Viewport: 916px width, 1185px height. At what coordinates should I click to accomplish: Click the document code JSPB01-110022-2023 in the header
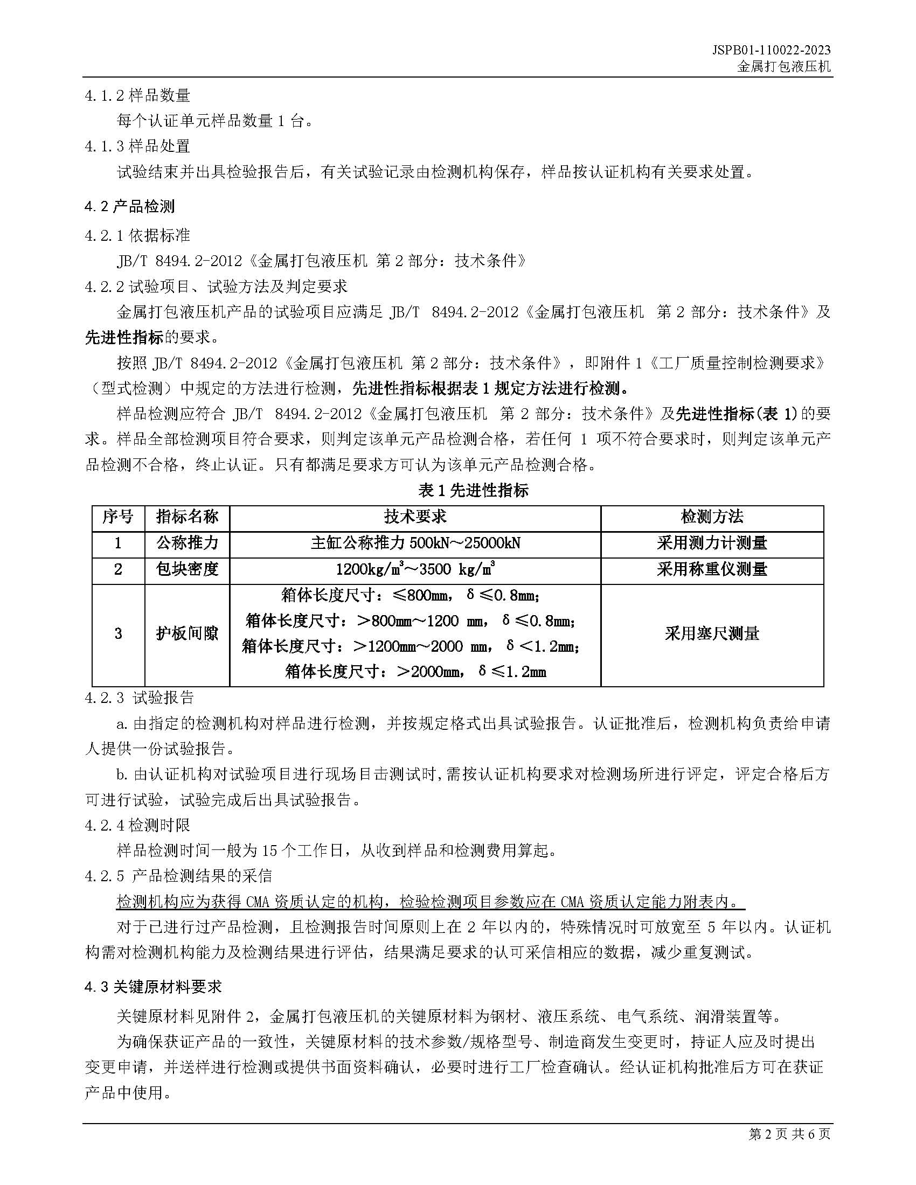tap(771, 50)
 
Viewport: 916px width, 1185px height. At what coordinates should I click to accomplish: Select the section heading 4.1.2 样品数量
tap(137, 95)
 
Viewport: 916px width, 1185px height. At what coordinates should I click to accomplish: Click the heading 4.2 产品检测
tap(130, 207)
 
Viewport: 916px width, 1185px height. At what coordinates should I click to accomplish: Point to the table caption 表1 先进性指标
tap(473, 491)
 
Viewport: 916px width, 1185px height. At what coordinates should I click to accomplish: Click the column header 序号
tap(118, 517)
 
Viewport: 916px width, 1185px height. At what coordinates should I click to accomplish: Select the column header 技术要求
tap(415, 517)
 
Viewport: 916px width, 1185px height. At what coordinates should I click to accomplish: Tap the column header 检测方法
tap(712, 517)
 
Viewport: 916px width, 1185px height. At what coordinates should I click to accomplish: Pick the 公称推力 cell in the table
tap(187, 542)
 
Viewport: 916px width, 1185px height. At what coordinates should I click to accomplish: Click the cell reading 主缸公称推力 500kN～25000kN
tap(415, 542)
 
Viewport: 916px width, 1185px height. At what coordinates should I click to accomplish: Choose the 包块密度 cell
tap(187, 569)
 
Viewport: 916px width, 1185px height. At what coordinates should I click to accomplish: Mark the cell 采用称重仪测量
tap(712, 569)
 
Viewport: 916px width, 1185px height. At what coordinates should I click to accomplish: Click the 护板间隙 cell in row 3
tap(187, 633)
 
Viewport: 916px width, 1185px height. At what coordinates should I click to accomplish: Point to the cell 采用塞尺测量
tap(712, 633)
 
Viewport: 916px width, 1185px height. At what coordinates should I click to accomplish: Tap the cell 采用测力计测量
tap(712, 542)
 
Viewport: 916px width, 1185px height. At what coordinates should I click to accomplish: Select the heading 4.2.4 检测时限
tap(137, 825)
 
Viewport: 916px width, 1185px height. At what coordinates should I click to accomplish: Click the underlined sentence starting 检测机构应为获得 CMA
tap(431, 902)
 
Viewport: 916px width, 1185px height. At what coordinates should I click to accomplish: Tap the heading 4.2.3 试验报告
tap(140, 697)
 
